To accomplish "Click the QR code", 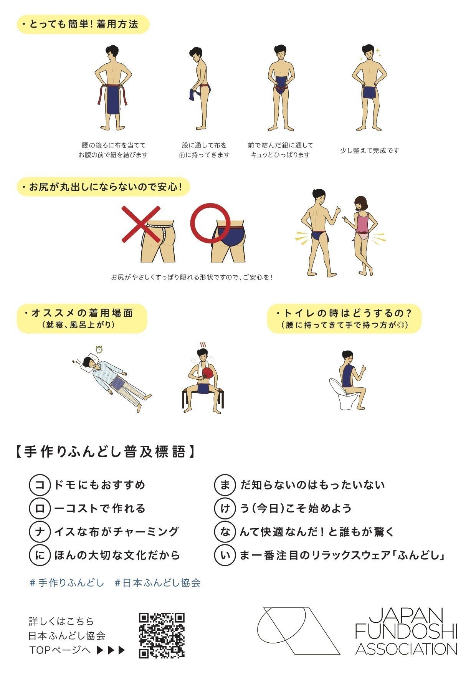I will (x=162, y=635).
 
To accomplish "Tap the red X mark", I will (x=140, y=224).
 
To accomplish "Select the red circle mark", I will (x=210, y=223).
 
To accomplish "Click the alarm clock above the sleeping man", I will (x=99, y=349).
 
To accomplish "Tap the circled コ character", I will (x=40, y=485).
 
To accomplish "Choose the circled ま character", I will (x=225, y=485).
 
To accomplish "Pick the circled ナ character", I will (x=40, y=532).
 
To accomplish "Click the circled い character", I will (x=225, y=555).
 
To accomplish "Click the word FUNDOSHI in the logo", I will (x=406, y=632).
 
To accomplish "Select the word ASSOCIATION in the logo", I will (x=406, y=649).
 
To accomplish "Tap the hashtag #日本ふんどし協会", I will (x=158, y=583).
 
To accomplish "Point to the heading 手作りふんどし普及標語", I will (x=105, y=452).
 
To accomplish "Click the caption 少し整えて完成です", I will (x=370, y=150).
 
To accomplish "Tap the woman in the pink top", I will (x=362, y=234).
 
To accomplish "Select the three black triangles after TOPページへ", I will (x=111, y=650).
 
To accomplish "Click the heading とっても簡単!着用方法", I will (x=83, y=25).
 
